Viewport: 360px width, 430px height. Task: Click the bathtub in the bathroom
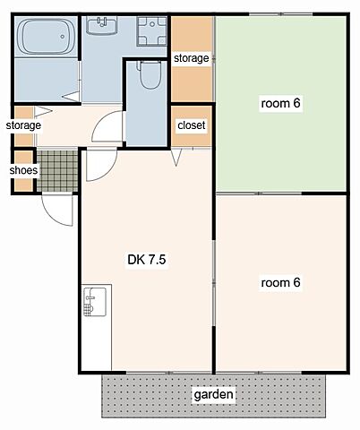[x=46, y=37]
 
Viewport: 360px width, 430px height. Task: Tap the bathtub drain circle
[x=63, y=37]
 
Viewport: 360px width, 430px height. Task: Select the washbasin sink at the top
[x=101, y=25]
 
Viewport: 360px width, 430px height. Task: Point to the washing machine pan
[x=151, y=31]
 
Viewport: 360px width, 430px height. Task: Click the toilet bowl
[x=150, y=74]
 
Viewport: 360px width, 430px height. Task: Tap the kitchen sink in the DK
[x=95, y=302]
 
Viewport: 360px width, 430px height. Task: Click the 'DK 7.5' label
[x=147, y=260]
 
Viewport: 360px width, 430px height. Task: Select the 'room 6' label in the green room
[x=280, y=103]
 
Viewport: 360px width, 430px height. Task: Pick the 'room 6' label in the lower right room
[x=280, y=282]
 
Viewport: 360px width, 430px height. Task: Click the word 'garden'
[x=213, y=395]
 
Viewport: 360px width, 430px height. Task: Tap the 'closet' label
[x=192, y=125]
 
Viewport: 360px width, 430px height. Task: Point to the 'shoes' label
[x=23, y=170]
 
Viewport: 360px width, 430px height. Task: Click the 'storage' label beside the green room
[x=192, y=58]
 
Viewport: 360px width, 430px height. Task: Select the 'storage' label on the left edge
[x=23, y=125]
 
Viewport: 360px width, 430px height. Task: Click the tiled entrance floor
[x=57, y=171]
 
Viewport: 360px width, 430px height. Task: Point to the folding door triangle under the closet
[x=176, y=158]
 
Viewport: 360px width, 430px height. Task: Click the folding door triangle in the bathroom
[x=71, y=97]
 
